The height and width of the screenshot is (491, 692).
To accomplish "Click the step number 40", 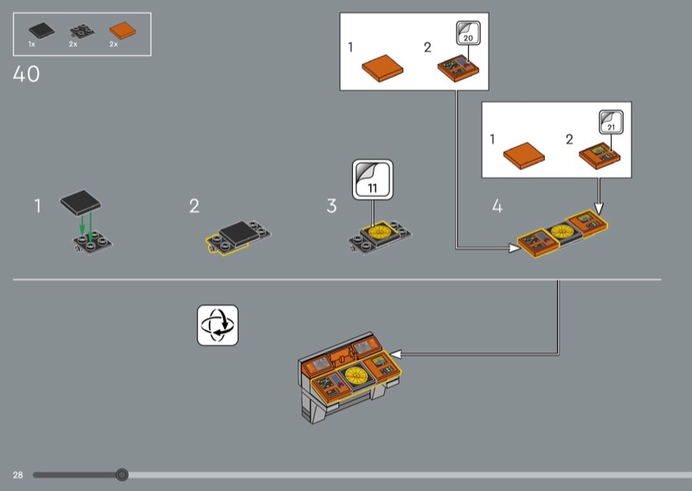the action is (26, 73).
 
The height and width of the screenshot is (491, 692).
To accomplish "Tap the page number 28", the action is (17, 475).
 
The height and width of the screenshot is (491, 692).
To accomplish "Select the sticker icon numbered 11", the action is (373, 180).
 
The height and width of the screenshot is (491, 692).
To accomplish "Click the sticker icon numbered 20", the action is (468, 33).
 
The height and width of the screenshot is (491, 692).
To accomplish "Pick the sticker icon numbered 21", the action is (612, 122).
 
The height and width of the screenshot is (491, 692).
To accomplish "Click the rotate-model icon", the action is (218, 325).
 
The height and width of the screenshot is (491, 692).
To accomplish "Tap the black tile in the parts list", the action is (42, 31).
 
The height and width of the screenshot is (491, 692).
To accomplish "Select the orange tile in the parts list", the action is (123, 30).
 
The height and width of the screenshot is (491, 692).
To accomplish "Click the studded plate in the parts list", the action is (82, 31).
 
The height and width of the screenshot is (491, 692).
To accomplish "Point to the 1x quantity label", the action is (32, 44).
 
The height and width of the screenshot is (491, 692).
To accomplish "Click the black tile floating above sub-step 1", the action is (80, 202).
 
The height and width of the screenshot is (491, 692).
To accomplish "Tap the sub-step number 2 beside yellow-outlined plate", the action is (194, 206).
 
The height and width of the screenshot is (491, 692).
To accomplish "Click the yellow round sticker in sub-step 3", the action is (379, 231).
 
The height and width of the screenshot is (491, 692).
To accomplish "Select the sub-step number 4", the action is (497, 206).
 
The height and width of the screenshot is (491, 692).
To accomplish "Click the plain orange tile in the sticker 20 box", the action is (382, 68).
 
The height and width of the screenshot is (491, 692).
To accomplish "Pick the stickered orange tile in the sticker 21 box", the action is (599, 156).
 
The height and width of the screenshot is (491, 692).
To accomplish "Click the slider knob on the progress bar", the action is (122, 475).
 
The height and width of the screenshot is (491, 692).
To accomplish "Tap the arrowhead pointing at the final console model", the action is (395, 354).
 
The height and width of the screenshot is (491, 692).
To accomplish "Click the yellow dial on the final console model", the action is (356, 375).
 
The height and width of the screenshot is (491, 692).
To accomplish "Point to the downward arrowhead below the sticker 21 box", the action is (599, 208).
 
